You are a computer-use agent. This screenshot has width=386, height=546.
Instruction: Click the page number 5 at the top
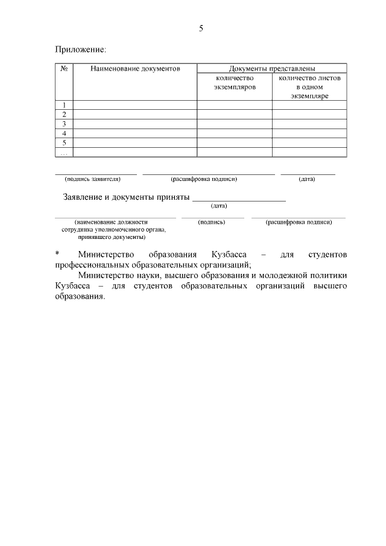coord(201,28)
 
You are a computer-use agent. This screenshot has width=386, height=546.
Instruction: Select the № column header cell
coord(64,69)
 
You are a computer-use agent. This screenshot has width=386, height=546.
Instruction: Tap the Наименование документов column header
coord(135,69)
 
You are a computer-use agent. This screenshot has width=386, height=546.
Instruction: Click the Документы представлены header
coord(271,69)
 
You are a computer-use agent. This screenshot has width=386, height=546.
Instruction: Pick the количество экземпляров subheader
coord(235,83)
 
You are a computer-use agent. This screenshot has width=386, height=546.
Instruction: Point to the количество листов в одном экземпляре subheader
coord(309,87)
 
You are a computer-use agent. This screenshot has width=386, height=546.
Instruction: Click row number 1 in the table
coord(64,105)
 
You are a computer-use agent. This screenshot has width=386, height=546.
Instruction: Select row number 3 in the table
coord(64,124)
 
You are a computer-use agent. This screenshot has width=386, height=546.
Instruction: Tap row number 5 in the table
coord(64,143)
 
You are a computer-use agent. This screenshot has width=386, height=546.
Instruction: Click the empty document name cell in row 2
coord(135,115)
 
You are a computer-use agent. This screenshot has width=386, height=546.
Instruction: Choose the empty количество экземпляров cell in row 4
coord(235,133)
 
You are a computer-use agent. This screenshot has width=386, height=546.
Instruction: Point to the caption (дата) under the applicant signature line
coord(307,179)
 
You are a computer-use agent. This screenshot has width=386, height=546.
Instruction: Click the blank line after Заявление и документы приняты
coord(239,197)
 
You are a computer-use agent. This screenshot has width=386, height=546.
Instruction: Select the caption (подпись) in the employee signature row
coord(212,222)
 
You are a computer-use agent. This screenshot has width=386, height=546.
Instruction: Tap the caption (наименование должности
coord(111,222)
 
